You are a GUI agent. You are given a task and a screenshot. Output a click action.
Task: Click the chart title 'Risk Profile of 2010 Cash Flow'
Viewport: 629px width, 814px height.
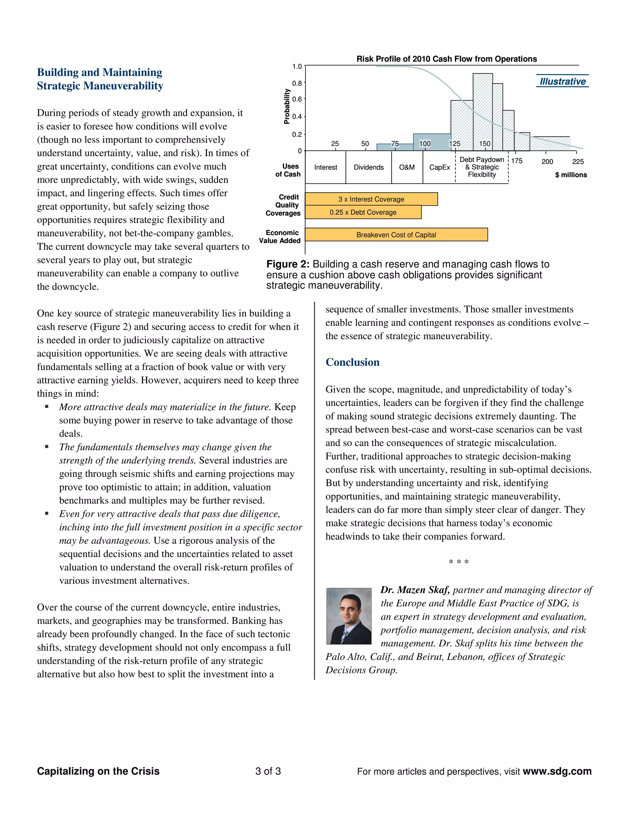tap(446, 59)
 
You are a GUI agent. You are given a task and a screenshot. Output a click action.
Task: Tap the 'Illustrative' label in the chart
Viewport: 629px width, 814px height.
tap(563, 81)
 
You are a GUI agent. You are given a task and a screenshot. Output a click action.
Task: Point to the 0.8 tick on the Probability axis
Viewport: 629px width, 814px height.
tap(297, 83)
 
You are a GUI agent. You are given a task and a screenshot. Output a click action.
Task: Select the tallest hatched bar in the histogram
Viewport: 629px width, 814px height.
tap(482, 112)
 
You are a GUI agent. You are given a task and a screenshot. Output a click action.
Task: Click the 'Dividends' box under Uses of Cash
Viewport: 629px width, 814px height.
tap(369, 167)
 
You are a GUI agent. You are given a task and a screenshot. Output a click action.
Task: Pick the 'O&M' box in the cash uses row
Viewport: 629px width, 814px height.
tap(407, 167)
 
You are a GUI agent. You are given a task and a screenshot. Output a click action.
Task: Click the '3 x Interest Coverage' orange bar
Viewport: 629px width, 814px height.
tap(371, 199)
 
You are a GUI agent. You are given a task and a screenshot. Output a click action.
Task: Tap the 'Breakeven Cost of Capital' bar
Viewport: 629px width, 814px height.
tap(396, 235)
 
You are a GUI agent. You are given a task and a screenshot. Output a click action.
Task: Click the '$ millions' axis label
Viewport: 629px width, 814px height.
tap(571, 175)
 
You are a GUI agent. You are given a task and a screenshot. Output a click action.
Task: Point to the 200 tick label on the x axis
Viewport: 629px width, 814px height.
tap(547, 161)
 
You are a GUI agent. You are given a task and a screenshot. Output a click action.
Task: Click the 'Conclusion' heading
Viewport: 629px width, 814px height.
tap(353, 362)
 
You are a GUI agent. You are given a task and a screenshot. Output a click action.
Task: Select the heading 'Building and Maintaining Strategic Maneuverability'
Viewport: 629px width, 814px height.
tap(100, 79)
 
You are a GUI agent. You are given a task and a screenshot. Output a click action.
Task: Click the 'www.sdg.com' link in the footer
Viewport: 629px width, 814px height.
tap(557, 771)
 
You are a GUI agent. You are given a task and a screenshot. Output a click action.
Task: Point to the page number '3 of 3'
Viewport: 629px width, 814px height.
tap(268, 771)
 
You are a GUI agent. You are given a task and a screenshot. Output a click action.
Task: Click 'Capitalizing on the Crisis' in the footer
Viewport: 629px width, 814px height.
tap(98, 771)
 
